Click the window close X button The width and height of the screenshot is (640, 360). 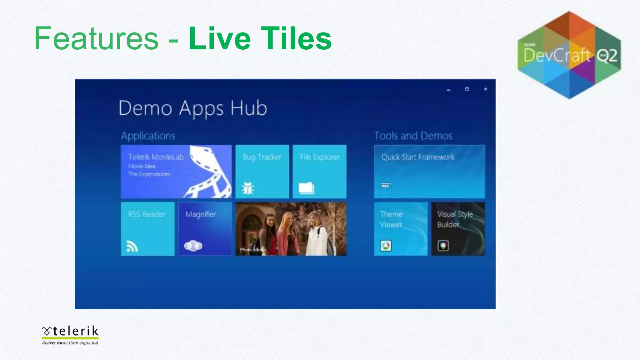pos(485,89)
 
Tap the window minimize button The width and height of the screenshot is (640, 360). pos(448,90)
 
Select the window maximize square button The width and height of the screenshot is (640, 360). pos(467,89)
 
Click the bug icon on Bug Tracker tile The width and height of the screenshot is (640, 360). pos(248,188)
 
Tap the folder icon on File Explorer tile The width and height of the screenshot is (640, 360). pos(306,188)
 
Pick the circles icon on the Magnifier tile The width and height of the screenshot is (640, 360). pos(193,246)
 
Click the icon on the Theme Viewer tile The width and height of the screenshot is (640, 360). pos(386,246)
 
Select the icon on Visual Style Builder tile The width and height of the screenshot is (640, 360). pos(443,246)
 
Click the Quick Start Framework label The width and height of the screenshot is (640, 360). pos(417,157)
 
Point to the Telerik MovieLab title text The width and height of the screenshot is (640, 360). pos(156,157)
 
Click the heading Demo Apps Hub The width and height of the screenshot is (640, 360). pos(192,108)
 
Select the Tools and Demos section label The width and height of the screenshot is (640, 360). pos(413,136)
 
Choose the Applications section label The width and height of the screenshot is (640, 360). pos(148,136)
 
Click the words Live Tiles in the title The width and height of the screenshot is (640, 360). pos(260,38)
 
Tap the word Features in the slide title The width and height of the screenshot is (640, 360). pos(96,38)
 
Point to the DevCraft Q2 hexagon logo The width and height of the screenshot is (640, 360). pos(569,55)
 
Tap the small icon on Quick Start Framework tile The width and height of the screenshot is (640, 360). pos(386,187)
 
